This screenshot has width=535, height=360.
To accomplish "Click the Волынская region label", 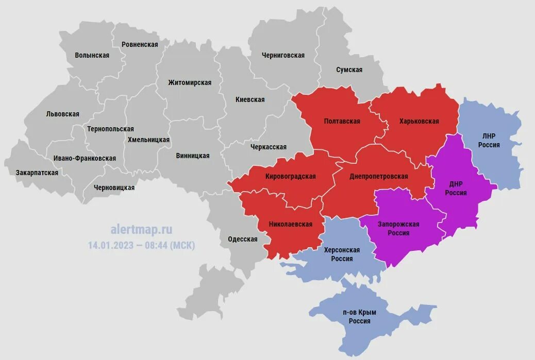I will coord(92,55).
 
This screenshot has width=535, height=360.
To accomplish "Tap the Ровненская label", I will coord(140,44).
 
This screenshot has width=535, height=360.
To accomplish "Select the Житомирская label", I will coord(190,82).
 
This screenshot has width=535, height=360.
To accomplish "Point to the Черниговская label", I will coord(283,55).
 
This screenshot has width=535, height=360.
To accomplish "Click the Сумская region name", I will coord(349,70).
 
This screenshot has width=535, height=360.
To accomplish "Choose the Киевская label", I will coord(250,99).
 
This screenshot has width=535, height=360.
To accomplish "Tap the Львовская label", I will coord(62,114).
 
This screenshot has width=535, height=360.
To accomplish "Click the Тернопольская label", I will coord(110,129).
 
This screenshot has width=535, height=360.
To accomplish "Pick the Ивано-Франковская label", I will coord(85,158).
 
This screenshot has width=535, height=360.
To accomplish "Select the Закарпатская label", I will coord(37,173).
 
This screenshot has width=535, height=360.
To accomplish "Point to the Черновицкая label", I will coord(114,187).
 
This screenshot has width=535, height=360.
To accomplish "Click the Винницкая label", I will coord(192,156).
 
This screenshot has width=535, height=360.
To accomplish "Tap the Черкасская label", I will coord(268,147).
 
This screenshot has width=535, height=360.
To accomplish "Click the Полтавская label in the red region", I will coord(342,121).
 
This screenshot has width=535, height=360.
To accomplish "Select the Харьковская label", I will coord(419,121).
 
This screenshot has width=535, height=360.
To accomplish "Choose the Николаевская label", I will coord(291,224).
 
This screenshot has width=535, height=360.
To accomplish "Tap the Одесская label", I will coord(242,239).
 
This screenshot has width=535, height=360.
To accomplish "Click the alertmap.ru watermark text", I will coord(141,229).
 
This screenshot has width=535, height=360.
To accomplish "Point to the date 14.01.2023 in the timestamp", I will coord(110,245).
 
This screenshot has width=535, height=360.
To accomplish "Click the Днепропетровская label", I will coord(378,176).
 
